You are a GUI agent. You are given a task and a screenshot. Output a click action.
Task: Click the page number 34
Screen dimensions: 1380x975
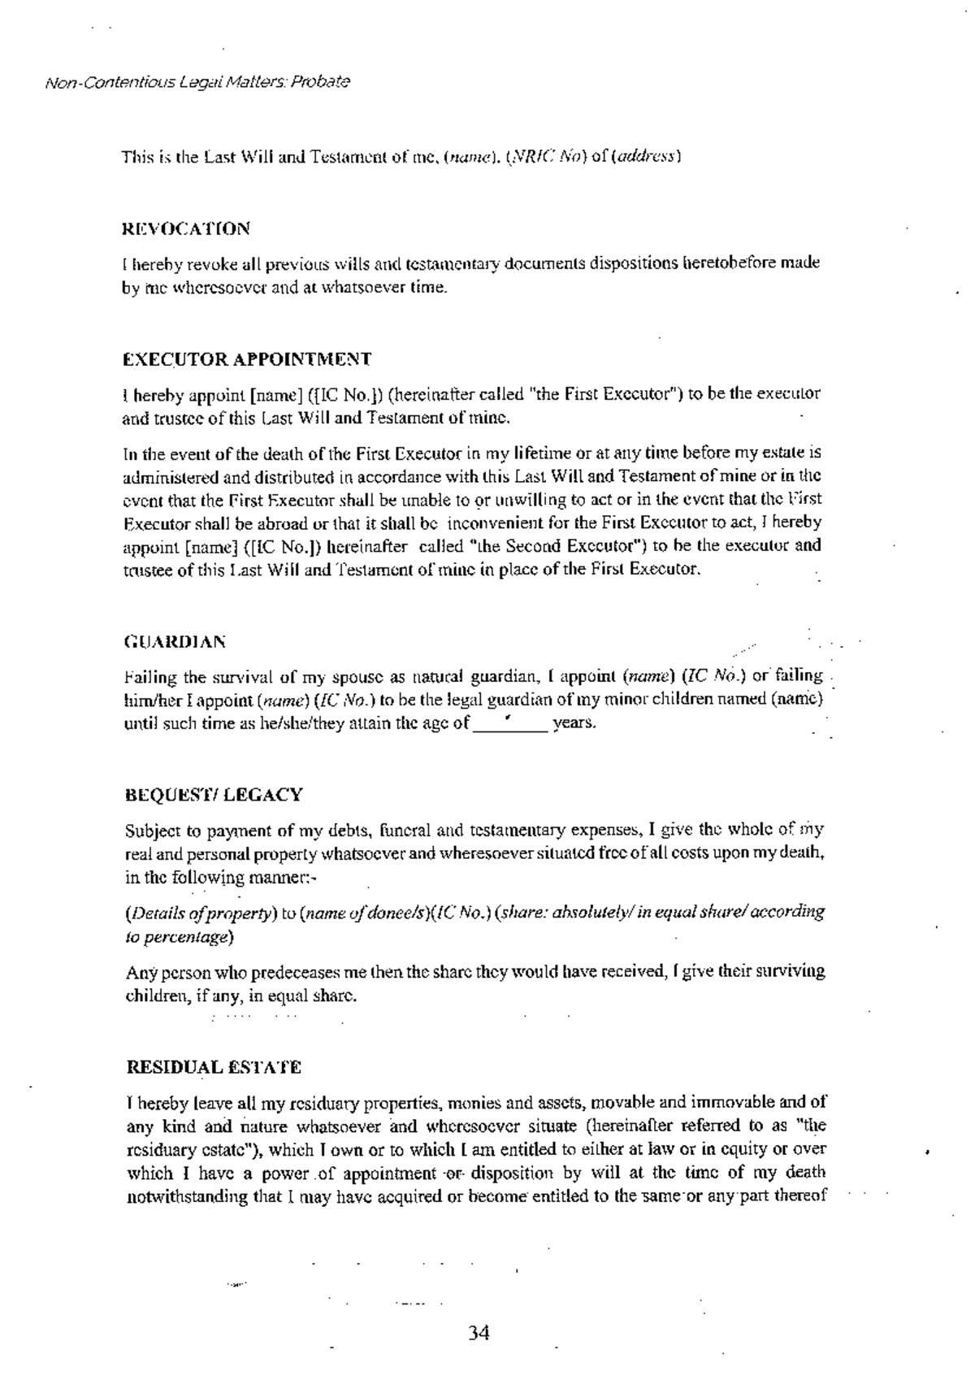(479, 1333)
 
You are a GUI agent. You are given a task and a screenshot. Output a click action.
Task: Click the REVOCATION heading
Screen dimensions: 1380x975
(186, 228)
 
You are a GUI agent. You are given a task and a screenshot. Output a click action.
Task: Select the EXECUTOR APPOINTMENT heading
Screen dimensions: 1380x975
(247, 358)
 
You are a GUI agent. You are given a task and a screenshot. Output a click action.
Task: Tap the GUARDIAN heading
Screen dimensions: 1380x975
(175, 642)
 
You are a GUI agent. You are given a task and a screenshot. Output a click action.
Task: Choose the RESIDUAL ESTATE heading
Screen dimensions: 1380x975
(214, 1066)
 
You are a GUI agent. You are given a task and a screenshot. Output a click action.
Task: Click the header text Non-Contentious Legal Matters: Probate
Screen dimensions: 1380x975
(197, 82)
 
